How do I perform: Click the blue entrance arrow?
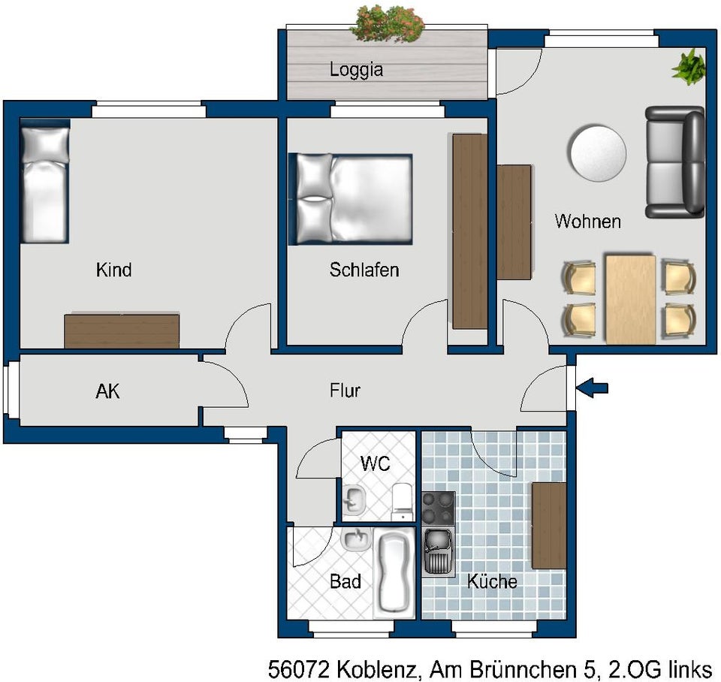(593, 388)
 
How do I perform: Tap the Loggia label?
(356, 70)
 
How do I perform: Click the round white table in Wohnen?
(598, 152)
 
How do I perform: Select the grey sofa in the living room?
(674, 162)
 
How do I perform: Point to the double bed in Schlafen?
(351, 199)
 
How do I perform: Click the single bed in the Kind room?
(44, 181)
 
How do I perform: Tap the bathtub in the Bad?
(394, 572)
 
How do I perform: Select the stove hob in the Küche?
(439, 508)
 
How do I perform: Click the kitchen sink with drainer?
(439, 552)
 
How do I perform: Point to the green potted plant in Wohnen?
(689, 68)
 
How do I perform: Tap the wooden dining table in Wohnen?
(630, 300)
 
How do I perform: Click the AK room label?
(107, 391)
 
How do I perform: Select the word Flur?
(345, 391)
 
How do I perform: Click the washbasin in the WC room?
(354, 499)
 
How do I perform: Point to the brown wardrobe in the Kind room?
(122, 331)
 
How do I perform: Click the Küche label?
(492, 581)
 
